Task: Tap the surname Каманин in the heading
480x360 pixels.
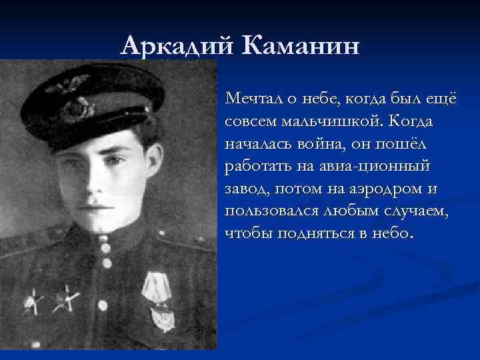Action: coord(303,46)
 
